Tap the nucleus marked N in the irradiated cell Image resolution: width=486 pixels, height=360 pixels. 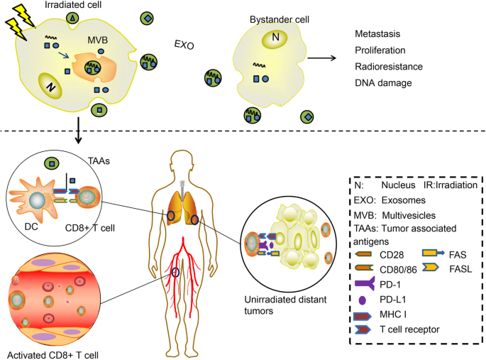(x=50, y=86)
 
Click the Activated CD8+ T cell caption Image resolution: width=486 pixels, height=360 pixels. (x=48, y=351)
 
